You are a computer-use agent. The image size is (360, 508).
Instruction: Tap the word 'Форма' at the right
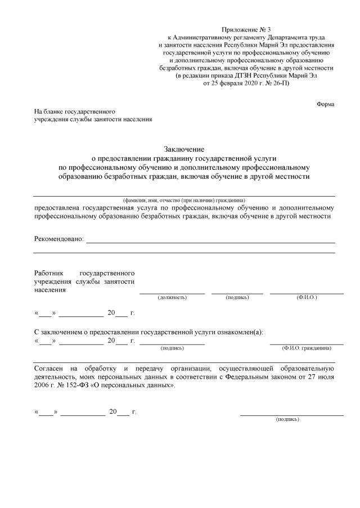pos(326,105)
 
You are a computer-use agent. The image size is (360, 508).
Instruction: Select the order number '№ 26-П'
pos(277,83)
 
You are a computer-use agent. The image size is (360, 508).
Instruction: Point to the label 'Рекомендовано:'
pos(59,239)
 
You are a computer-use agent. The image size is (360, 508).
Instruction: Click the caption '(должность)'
pos(172,297)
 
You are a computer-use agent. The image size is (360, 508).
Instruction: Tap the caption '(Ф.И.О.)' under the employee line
pos(307,297)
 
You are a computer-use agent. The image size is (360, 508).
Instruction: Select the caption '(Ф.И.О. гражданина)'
pos(307,348)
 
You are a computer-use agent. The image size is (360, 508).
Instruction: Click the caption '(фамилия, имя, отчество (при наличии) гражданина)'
pos(184,200)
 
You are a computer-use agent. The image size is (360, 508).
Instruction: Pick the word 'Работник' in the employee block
pos(50,271)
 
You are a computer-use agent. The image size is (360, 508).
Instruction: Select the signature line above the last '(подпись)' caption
pos(291,415)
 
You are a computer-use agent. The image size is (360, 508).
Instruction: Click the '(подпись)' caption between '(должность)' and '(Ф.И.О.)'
pos(237,297)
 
